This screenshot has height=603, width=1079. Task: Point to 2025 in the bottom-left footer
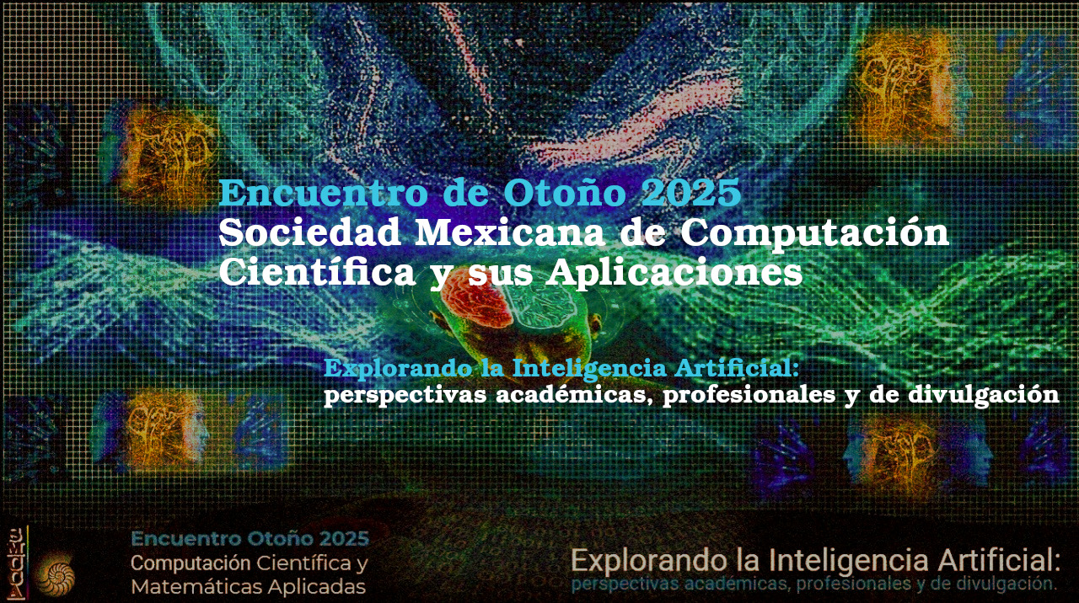[345, 538]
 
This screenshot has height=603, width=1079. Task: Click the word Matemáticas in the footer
[196, 587]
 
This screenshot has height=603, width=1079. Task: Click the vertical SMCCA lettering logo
[17, 563]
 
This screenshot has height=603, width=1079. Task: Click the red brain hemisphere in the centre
[475, 302]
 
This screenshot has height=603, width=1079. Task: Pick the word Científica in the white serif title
[317, 274]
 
